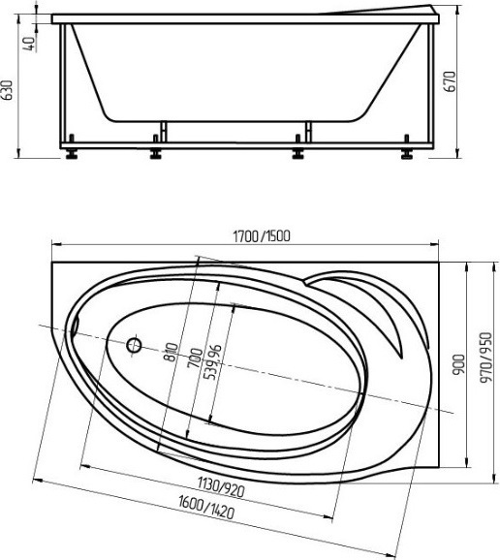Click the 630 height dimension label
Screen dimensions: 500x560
[7, 90]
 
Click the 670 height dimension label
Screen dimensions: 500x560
[451, 81]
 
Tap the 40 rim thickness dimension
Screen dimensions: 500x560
[31, 44]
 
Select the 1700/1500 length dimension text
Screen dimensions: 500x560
[262, 236]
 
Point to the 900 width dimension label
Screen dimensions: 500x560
[459, 364]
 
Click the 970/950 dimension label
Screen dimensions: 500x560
[486, 358]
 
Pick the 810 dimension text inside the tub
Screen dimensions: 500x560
[172, 352]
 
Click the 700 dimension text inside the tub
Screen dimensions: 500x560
[195, 358]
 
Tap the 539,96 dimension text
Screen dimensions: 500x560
[213, 361]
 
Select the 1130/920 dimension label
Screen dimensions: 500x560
[222, 487]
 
